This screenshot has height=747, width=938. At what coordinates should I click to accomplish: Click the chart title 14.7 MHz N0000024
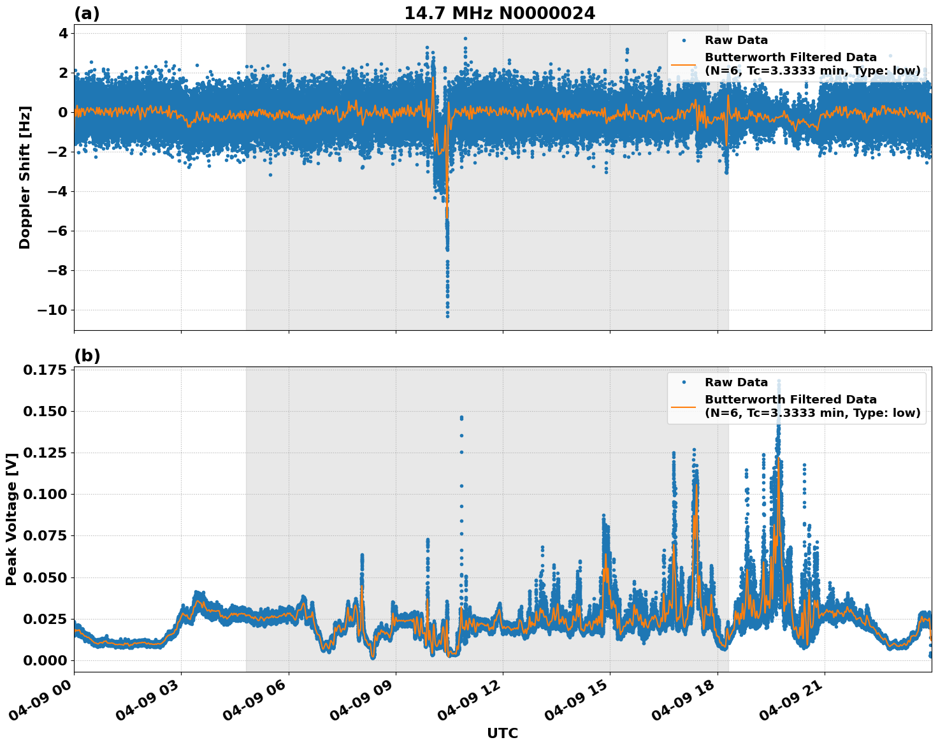click(x=500, y=13)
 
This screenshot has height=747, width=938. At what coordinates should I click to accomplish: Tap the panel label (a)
click(x=87, y=13)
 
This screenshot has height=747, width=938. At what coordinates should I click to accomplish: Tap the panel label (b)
click(x=87, y=356)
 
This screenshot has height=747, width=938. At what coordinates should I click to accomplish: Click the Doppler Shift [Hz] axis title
click(x=25, y=177)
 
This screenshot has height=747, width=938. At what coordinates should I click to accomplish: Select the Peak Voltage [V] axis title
click(x=11, y=519)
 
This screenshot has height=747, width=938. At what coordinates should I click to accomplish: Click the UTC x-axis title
click(x=502, y=734)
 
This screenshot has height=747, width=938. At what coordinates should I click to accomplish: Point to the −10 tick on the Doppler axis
click(x=52, y=310)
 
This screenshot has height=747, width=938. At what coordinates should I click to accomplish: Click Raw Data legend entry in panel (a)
click(x=736, y=41)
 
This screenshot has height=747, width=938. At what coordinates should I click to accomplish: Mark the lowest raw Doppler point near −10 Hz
click(x=447, y=315)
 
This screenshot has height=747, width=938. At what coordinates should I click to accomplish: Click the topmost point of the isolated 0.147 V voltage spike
click(x=461, y=417)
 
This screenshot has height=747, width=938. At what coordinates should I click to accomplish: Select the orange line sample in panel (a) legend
click(x=683, y=64)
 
